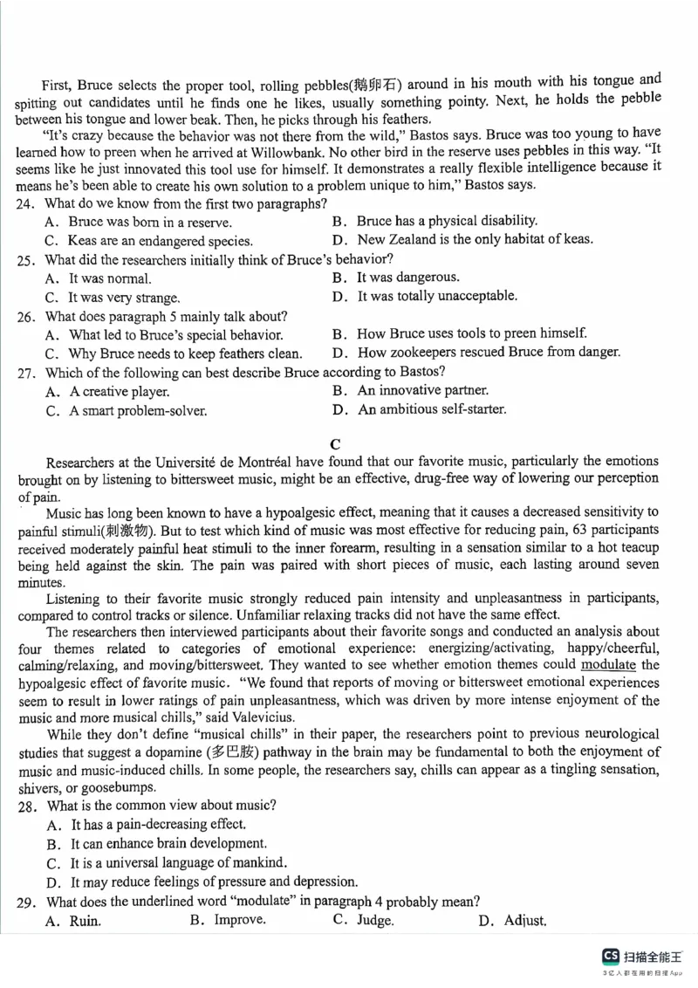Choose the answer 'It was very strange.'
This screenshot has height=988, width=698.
[x=124, y=298]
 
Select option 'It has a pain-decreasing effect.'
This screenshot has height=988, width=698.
[x=158, y=824]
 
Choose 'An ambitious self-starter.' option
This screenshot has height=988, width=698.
[x=432, y=409]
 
